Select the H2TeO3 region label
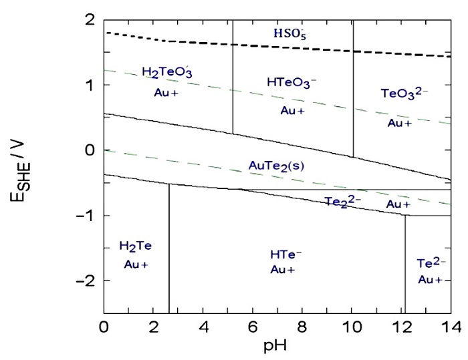click(167, 73)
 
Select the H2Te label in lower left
click(136, 246)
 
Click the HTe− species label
click(285, 254)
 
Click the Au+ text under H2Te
click(136, 264)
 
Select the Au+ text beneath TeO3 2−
click(400, 123)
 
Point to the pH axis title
click(277, 347)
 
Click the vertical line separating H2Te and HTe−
click(169, 254)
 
